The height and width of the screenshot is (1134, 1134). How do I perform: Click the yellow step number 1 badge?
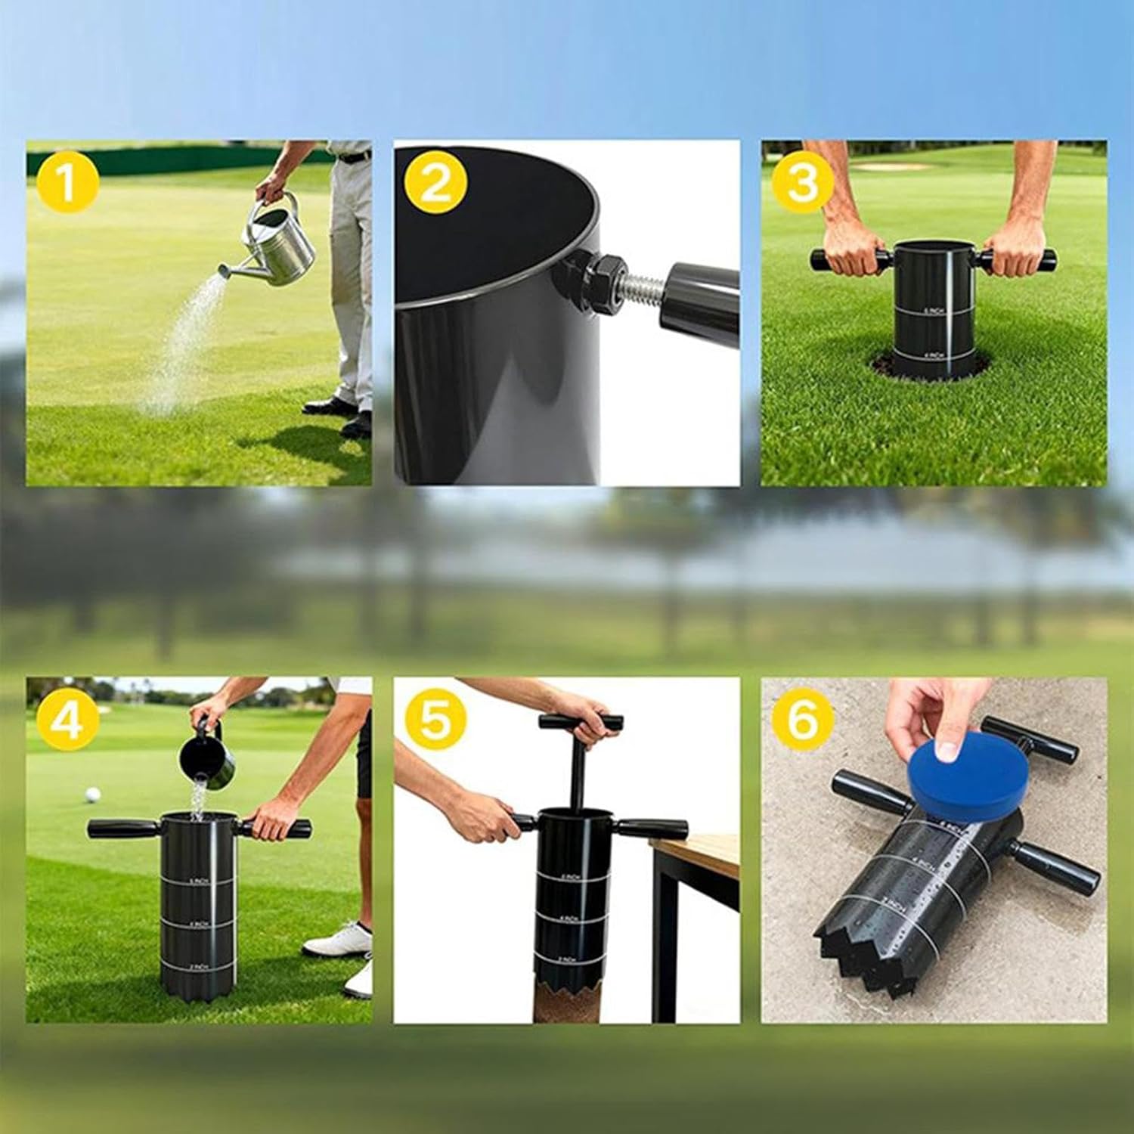point(67,184)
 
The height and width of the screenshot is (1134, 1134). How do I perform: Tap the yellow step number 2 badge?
point(435,184)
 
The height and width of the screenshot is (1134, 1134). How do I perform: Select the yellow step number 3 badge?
point(803,184)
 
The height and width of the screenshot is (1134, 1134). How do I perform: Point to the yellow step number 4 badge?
point(67,720)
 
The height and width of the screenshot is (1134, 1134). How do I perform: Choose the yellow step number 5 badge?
point(435,720)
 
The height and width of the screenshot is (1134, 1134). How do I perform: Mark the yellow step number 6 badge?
point(803,720)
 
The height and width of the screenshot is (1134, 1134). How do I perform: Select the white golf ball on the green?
point(93,795)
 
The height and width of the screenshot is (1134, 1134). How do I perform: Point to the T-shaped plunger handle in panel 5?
point(581,722)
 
